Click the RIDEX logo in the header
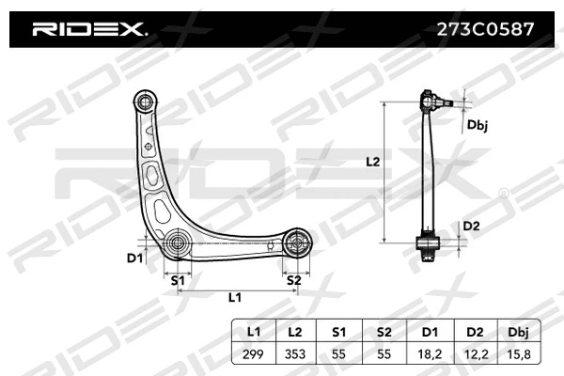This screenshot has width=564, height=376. point(89,29)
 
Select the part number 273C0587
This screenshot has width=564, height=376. point(487,29)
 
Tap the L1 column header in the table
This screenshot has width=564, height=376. point(254,333)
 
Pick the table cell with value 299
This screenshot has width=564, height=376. point(254,354)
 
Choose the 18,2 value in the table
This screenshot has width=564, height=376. point(430,354)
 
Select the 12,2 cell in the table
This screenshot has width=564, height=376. point(474,354)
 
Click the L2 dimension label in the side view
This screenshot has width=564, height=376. point(372,162)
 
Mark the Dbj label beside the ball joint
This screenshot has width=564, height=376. point(477,123)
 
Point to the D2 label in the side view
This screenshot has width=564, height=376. point(472,226)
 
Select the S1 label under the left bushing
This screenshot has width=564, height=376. point(176,279)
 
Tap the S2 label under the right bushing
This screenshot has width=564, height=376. point(293,279)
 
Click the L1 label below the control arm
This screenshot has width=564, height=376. point(235,298)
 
